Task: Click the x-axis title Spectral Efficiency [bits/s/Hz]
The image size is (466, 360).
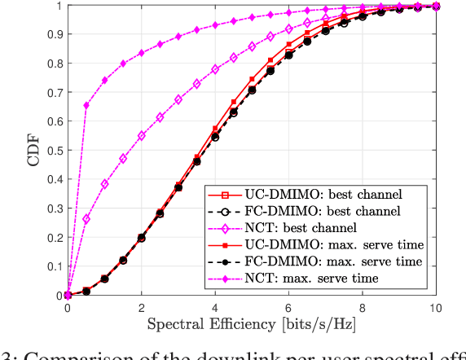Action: (x=252, y=325)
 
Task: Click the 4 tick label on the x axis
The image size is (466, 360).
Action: (x=215, y=309)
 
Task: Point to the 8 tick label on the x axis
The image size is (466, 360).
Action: (x=363, y=309)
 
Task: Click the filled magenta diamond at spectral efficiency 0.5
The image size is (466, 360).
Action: (x=86, y=105)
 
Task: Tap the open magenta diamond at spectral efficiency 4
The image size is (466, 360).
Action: (x=215, y=69)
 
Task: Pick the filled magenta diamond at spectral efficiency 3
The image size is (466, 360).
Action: (x=178, y=37)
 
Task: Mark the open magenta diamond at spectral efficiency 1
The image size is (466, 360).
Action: (x=105, y=184)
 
